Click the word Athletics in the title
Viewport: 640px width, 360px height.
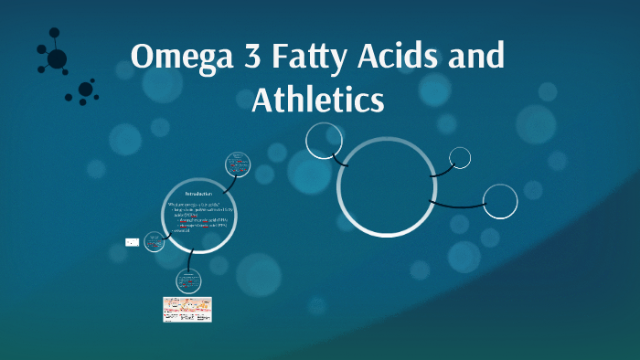click(317, 99)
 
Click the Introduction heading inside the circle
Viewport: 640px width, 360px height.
click(198, 195)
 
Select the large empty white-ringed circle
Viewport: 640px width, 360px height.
click(386, 186)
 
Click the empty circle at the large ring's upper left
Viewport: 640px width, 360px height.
click(323, 141)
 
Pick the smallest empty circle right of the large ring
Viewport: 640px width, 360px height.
click(460, 157)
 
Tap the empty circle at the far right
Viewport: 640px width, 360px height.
click(500, 201)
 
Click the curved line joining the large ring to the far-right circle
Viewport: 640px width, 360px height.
click(457, 203)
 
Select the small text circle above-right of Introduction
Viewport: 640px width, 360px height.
click(239, 165)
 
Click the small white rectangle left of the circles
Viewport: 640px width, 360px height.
click(132, 242)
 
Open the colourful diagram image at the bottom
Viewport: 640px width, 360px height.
click(187, 309)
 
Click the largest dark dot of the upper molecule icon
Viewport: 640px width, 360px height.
click(57, 58)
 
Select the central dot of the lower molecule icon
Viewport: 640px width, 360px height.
click(85, 90)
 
